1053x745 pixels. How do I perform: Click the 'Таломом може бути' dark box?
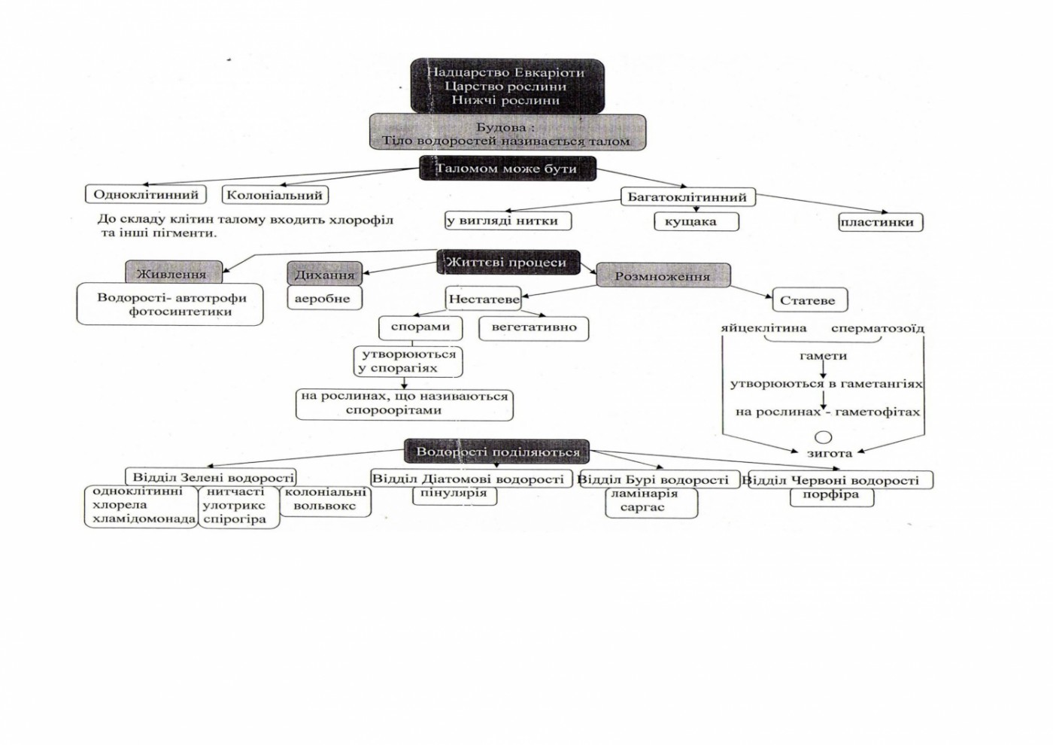[x=508, y=169]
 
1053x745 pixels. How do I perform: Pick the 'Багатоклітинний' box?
[x=687, y=197]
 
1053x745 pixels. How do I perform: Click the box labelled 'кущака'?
[x=696, y=222]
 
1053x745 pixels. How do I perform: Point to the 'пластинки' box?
[x=880, y=222]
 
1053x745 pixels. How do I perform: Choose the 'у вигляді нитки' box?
[x=507, y=221]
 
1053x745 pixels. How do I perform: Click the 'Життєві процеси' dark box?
[x=508, y=263]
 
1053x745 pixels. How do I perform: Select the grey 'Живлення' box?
[x=174, y=273]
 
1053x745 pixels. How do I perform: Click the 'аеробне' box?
[x=323, y=298]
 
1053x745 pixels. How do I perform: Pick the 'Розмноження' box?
[x=663, y=276]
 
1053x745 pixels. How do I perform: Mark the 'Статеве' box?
[x=809, y=300]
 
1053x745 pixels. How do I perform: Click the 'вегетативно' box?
[x=534, y=328]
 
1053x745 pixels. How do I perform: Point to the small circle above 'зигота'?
[x=824, y=437]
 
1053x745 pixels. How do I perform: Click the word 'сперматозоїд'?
[x=877, y=329]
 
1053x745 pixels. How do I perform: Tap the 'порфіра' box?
[x=831, y=495]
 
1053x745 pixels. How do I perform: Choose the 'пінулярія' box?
[x=454, y=494]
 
